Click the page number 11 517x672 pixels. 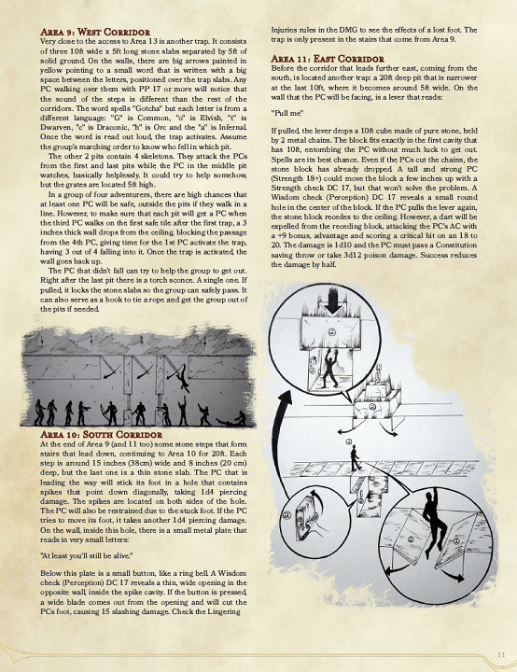(500, 651)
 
